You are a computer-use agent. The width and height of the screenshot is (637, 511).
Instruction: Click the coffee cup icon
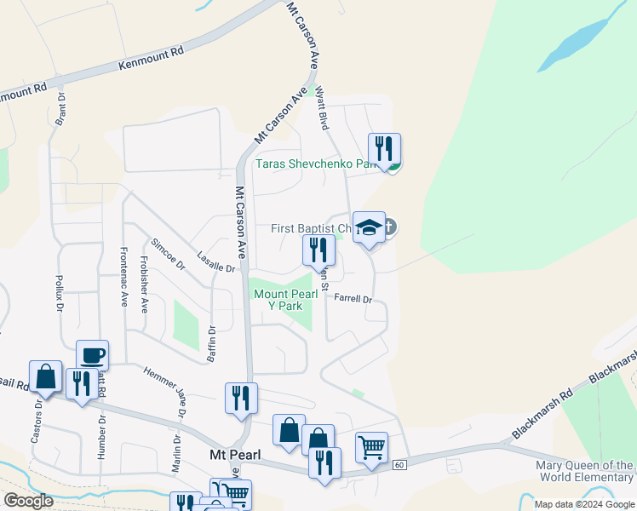click(92, 355)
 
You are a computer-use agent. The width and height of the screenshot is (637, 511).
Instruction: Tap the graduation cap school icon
click(369, 227)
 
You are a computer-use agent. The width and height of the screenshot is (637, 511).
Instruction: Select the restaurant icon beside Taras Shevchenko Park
click(384, 149)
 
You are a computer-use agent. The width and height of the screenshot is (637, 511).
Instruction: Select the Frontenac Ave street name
click(124, 277)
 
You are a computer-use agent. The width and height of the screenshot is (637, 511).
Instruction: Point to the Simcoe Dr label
click(168, 253)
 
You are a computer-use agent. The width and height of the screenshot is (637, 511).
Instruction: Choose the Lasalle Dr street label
click(215, 263)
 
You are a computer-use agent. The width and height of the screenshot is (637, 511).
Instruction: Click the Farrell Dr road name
click(353, 299)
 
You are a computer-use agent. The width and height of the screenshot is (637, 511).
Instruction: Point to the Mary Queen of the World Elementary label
click(584, 471)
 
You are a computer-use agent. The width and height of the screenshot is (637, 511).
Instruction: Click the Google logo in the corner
click(28, 501)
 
